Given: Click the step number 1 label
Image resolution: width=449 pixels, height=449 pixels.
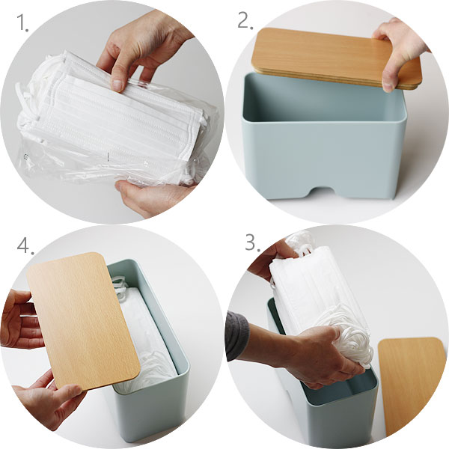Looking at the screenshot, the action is click(23, 22).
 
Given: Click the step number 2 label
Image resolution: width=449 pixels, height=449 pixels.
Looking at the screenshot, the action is click(245, 20).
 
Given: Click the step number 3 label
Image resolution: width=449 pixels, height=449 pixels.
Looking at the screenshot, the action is click(253, 242).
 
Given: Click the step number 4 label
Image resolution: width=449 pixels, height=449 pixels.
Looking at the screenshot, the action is click(25, 245).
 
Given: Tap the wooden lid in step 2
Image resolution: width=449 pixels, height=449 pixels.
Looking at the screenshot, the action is click(336, 58).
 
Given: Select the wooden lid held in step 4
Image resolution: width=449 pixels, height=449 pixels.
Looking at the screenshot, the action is click(83, 321).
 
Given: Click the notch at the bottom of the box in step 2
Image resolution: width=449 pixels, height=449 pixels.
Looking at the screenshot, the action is click(324, 192).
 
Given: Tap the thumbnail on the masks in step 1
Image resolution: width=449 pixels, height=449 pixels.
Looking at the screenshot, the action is click(117, 85).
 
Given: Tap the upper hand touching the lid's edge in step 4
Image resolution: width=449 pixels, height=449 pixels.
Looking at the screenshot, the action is click(20, 318).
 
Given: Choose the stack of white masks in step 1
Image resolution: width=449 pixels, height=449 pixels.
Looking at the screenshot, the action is click(114, 114).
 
